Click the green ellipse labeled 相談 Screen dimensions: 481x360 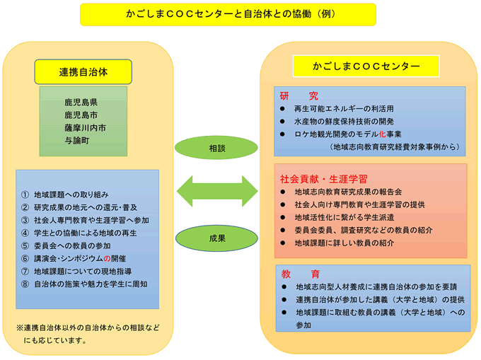216,148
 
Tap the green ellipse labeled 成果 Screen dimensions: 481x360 216,238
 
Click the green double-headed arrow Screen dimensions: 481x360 217,191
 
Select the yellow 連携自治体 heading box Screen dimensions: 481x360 83,71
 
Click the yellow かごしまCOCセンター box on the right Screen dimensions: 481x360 366,66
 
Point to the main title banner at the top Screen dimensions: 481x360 228,14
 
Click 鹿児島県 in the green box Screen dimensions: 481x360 81,102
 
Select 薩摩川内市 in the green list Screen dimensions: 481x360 86,127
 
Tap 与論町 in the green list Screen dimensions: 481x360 77,141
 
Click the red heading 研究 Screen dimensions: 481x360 299,96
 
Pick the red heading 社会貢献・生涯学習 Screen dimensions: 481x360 324,179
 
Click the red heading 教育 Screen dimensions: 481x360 301,274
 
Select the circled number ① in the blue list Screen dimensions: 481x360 25,194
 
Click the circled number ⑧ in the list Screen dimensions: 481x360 25,284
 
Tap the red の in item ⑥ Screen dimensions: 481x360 107,258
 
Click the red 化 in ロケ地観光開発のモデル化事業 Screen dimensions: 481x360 382,134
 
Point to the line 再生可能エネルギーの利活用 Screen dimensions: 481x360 344,108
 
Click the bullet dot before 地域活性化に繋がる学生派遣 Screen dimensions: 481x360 282,217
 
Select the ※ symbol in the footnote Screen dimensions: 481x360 20,327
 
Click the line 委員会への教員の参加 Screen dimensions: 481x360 72,245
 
